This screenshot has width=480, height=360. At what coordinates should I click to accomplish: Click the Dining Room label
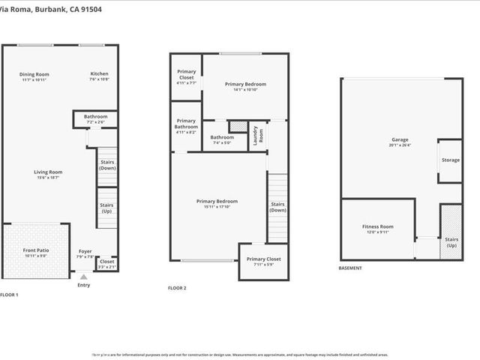tap(34, 74)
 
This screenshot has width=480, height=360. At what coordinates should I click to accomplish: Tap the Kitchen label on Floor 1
tap(100, 74)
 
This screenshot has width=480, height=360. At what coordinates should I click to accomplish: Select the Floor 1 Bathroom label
tap(95, 117)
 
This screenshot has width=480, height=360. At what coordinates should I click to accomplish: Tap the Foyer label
tap(85, 251)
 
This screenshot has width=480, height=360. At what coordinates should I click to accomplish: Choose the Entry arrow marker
tap(83, 276)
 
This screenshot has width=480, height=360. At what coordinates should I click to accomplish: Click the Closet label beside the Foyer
tap(107, 262)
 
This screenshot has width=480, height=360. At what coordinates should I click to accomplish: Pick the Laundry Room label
tap(256, 133)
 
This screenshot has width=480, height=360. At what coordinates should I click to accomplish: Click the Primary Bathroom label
tap(186, 124)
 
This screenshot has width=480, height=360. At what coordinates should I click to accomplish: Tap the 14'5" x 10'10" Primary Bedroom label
tap(245, 85)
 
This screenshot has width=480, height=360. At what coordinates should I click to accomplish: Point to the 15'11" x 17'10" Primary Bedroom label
tap(217, 202)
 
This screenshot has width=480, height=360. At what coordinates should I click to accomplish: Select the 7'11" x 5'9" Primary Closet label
tap(263, 259)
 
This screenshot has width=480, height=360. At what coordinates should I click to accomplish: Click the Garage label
tap(399, 140)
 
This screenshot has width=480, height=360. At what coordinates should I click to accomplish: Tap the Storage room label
tap(450, 160)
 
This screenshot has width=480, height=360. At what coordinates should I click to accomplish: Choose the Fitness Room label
tap(377, 227)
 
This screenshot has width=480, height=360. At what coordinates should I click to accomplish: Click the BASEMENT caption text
tap(350, 268)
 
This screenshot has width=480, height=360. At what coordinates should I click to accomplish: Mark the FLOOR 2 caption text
tap(177, 287)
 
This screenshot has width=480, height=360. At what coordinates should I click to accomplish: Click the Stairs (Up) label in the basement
tap(451, 242)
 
